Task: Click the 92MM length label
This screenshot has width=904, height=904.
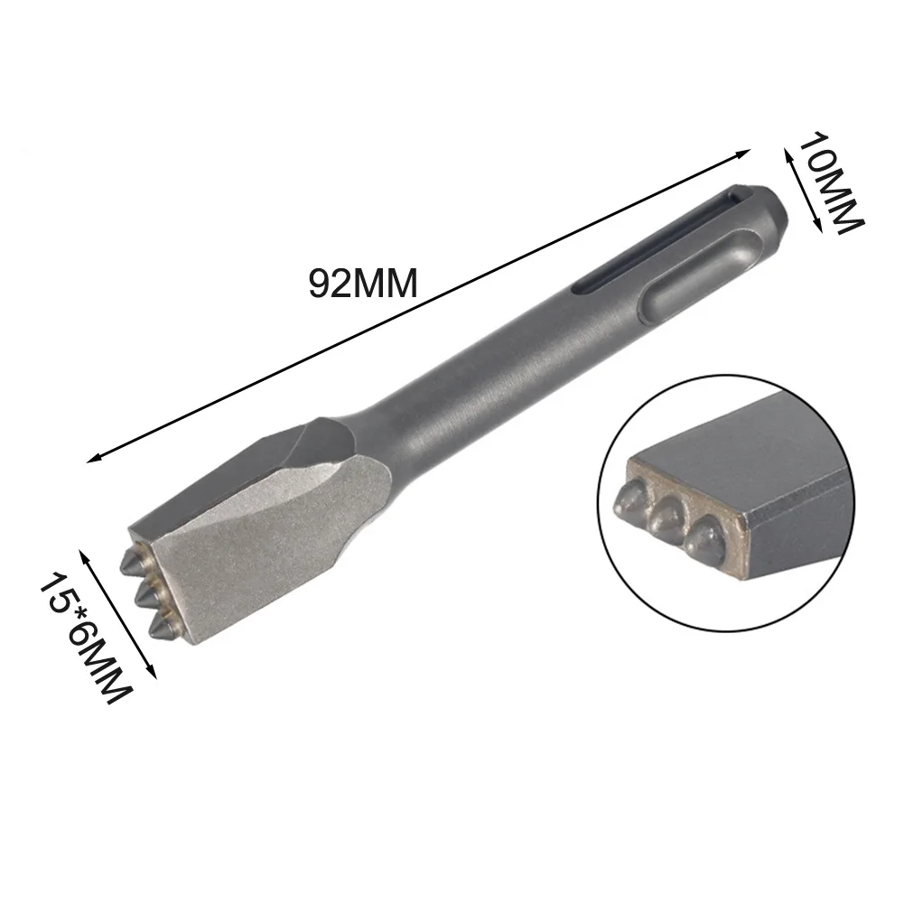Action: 363,284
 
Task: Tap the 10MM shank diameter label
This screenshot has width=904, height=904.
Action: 831,182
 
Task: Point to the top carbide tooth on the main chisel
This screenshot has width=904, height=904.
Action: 135,561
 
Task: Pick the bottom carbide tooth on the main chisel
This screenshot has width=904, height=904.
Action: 163,625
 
